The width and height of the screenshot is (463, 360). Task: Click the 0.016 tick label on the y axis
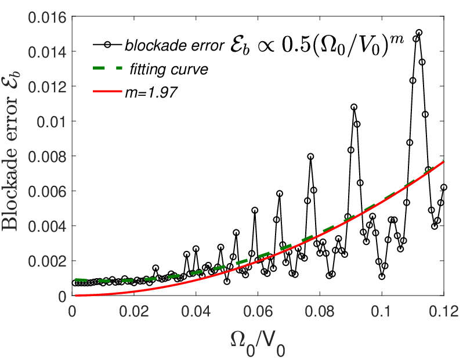coord(47,18)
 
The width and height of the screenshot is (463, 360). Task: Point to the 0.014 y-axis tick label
coord(47,52)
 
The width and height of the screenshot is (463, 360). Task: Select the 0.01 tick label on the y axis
coord(52,122)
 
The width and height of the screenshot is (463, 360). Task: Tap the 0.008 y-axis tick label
coord(47,157)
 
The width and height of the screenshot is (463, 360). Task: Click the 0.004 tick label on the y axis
coord(47,226)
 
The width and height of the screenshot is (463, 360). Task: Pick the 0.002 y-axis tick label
coord(47,261)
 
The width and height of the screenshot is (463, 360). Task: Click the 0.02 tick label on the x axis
coord(134,312)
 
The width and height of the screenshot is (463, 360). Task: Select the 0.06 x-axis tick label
coord(258,312)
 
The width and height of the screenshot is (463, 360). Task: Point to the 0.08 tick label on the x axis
coord(320,312)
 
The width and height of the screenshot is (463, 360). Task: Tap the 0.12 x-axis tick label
coord(444,312)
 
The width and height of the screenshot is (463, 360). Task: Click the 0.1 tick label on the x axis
coord(382,312)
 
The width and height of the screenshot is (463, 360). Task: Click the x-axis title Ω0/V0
coord(258,344)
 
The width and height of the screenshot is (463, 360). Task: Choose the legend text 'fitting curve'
coord(169,70)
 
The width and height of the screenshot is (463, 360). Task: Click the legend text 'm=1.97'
coord(151,92)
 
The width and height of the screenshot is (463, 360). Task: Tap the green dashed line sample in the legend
coord(107,69)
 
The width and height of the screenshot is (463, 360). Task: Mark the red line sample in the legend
coord(107,92)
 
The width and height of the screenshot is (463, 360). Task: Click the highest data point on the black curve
coord(419,32)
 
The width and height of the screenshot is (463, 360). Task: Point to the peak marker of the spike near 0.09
coord(354,107)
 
